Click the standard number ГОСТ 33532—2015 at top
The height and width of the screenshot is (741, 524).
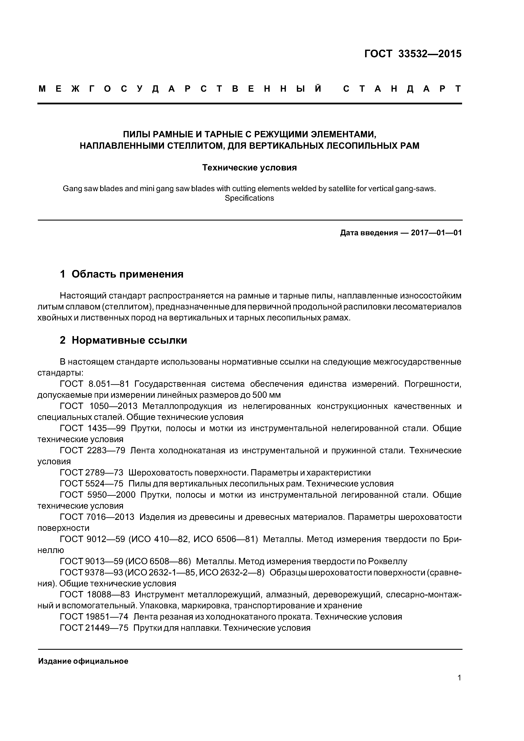[413, 54]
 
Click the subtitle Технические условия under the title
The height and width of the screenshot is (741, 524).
[249, 168]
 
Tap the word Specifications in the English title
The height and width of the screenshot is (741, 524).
[249, 198]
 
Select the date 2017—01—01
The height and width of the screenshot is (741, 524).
[436, 233]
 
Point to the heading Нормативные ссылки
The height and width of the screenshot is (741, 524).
[129, 340]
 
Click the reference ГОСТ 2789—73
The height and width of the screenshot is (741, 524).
[92, 473]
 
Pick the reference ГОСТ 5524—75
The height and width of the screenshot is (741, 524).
[92, 484]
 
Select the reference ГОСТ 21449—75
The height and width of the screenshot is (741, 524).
[94, 628]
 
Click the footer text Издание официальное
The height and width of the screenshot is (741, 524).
[83, 661]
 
